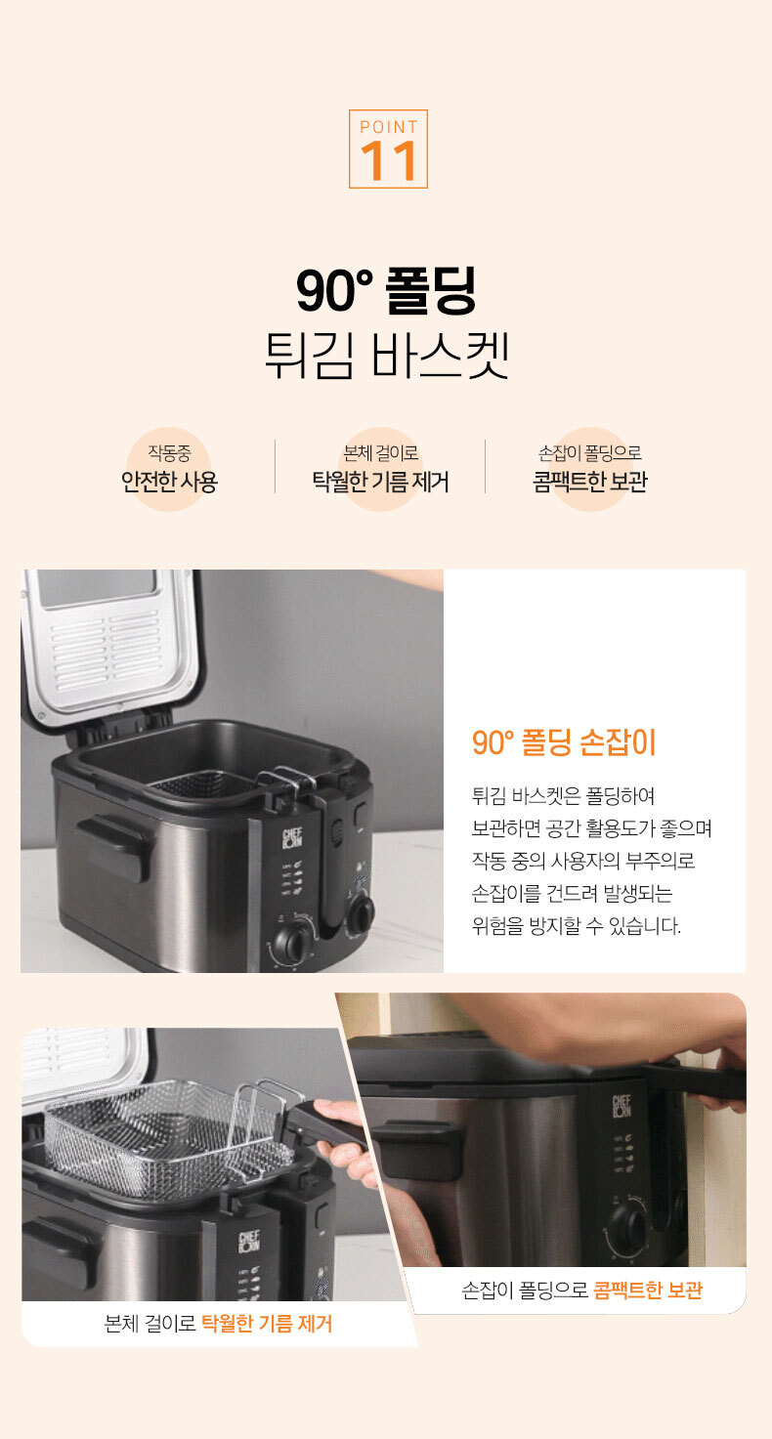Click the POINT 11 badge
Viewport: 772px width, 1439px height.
point(388,149)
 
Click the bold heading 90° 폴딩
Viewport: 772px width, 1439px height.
point(386,291)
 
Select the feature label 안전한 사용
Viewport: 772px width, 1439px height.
point(169,482)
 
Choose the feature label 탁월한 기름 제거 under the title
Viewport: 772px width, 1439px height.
point(380,482)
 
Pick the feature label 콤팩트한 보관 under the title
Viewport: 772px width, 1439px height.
point(589,482)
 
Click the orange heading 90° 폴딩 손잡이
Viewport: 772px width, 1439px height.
point(564,742)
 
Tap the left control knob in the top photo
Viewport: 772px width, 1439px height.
point(293,942)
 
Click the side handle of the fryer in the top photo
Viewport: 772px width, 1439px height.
point(114,846)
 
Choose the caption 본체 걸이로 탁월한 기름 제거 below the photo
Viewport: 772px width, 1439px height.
point(218,1324)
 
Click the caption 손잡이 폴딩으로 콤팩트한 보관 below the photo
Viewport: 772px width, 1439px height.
point(582,1290)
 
